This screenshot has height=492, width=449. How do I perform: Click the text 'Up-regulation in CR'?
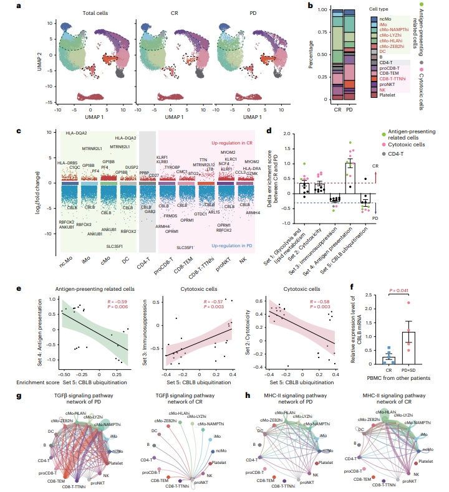click(235, 143)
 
